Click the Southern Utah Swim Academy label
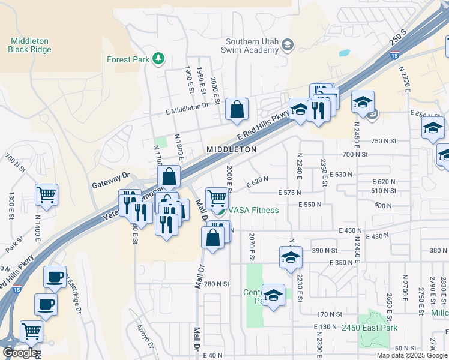252,46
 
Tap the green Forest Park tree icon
158,59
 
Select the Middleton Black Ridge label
29,45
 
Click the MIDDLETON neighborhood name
232,149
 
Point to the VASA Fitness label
253,210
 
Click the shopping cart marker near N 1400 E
46,194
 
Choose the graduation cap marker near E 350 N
291,257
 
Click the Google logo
19,353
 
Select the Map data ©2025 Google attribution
411,355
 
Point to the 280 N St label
217,284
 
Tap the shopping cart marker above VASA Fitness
216,198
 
